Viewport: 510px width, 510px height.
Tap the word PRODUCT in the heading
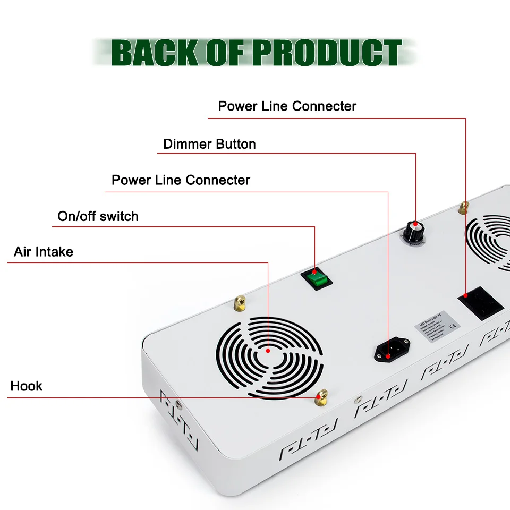tap(326, 53)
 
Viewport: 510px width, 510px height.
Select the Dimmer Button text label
tap(209, 144)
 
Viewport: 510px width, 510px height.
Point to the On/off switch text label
tap(98, 216)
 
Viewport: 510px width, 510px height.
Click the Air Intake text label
tap(44, 252)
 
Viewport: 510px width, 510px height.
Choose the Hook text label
tap(27, 386)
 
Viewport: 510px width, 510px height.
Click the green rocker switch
tap(315, 278)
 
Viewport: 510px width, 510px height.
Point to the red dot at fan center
tap(268, 350)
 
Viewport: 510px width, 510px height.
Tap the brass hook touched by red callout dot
tap(321, 395)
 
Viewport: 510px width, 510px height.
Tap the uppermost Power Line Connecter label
tap(287, 106)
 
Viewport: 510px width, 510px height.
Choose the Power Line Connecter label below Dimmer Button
tap(181, 180)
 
